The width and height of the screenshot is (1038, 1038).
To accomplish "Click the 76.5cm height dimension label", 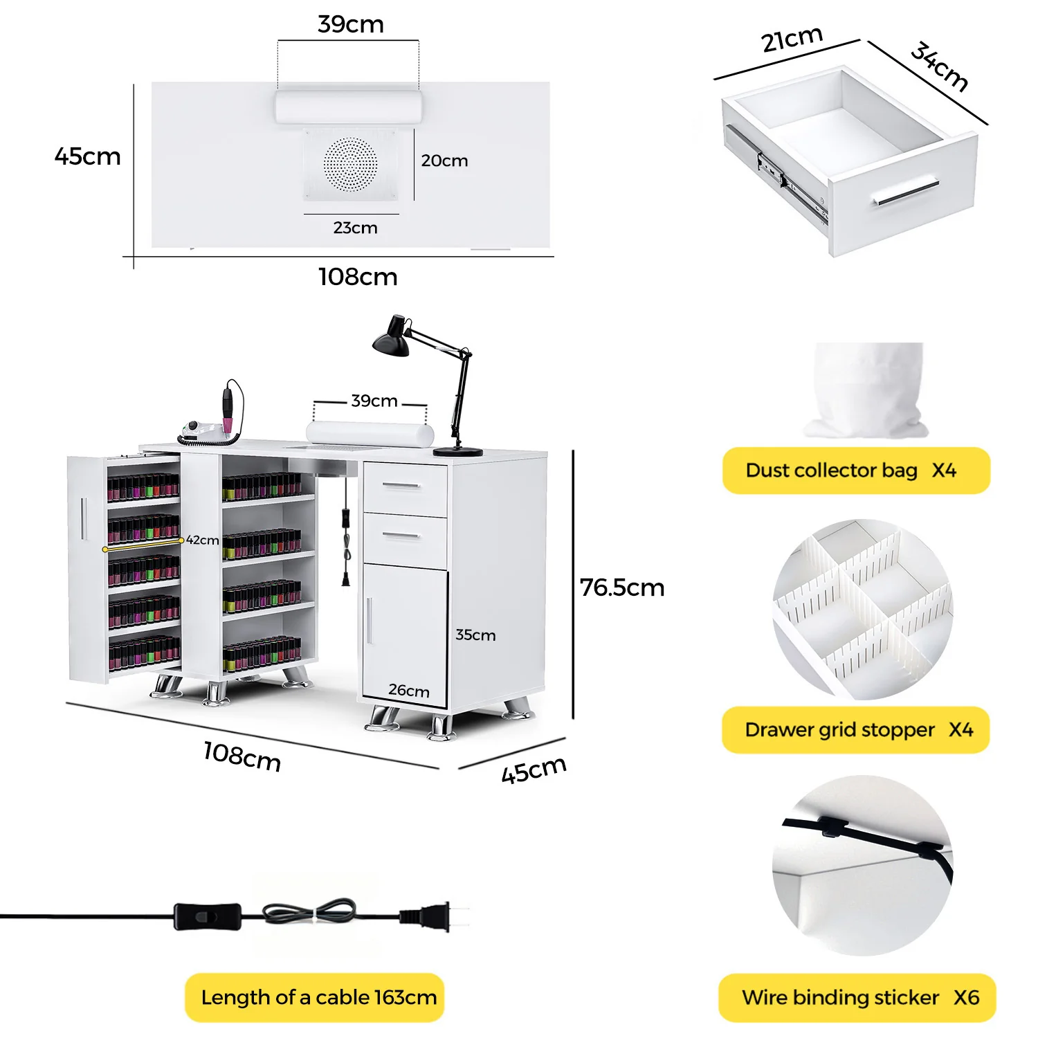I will [x=622, y=588].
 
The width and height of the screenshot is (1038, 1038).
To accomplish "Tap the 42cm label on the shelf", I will [x=202, y=540].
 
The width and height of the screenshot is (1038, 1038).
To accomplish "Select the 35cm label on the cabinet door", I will [x=475, y=635].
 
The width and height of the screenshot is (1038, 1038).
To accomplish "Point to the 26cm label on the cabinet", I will [x=409, y=690].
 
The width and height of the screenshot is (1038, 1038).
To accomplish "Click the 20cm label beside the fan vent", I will [x=444, y=161].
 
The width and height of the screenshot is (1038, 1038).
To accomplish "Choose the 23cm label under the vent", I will [x=355, y=228].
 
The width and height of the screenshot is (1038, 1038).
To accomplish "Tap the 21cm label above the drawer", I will [x=792, y=39].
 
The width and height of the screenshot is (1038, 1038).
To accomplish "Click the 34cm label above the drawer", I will [x=939, y=66].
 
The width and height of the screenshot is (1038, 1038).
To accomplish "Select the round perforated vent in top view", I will [x=351, y=164].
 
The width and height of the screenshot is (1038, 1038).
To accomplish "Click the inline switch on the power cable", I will [x=207, y=916].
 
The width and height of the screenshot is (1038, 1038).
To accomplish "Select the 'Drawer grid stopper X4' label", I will [x=856, y=730].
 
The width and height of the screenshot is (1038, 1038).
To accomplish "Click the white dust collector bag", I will [x=868, y=391].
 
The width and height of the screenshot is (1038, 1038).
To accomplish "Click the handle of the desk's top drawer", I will [x=402, y=486].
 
